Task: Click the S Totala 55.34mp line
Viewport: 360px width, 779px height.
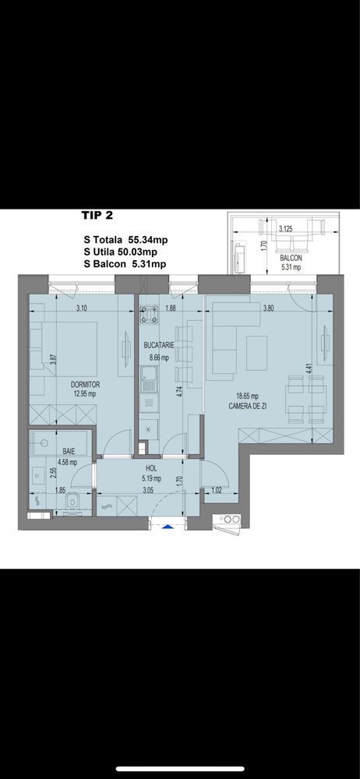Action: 125,239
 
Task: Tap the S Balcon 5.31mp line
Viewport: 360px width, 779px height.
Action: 125,265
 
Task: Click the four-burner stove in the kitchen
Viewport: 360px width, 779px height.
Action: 148,315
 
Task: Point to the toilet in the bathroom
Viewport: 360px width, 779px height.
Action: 72,502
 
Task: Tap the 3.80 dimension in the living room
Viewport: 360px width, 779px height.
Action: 270,307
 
